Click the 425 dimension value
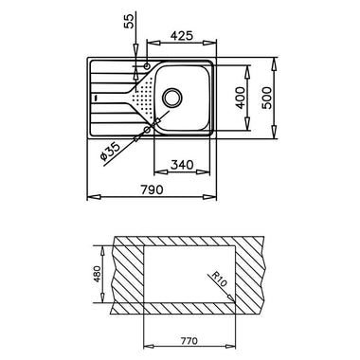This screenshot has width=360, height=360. click(x=181, y=36)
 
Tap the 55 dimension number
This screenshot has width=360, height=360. click(x=129, y=21)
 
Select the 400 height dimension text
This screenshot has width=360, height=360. click(x=241, y=98)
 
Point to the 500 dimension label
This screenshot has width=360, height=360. click(x=268, y=98)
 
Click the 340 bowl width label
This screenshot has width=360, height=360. click(x=182, y=165)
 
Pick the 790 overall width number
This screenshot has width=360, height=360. click(x=152, y=189)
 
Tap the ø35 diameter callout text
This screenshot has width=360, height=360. click(x=110, y=152)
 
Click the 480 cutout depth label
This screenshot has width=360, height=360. click(x=98, y=274)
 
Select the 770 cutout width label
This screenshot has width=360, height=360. click(x=189, y=341)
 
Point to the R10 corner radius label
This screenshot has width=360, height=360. click(x=219, y=279)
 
